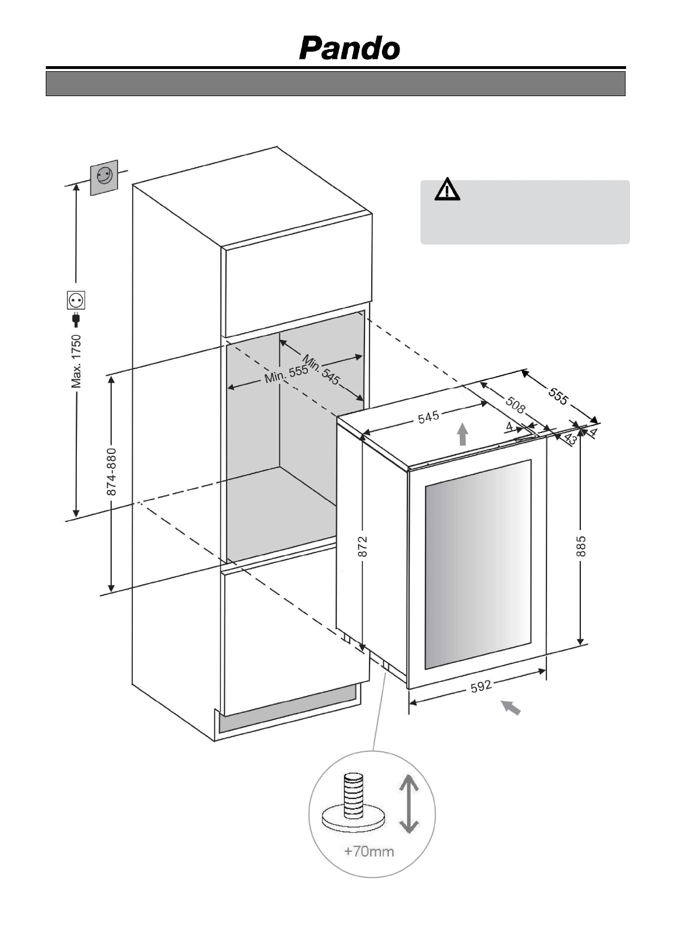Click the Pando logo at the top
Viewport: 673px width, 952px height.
pos(349,49)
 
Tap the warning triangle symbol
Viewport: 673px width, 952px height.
pos(447,189)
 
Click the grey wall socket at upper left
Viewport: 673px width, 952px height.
pos(104,177)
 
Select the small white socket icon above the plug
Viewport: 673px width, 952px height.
pos(76,299)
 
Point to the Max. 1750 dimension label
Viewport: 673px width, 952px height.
pos(76,361)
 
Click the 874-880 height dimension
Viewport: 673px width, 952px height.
pos(112,472)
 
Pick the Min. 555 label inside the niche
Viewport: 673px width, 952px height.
pos(286,374)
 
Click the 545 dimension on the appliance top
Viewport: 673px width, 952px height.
pos(428,417)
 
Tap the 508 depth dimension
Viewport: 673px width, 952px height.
pos(515,405)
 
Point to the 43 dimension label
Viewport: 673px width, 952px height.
pos(570,439)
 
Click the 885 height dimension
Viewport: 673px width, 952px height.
pos(581,547)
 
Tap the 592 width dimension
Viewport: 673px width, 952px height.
pos(481,686)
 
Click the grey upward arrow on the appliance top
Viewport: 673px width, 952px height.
pos(463,434)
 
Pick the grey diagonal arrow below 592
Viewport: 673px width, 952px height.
pos(511,707)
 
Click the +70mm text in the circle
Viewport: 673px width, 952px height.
pos(369,851)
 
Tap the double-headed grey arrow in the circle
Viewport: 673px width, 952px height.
pos(409,805)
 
